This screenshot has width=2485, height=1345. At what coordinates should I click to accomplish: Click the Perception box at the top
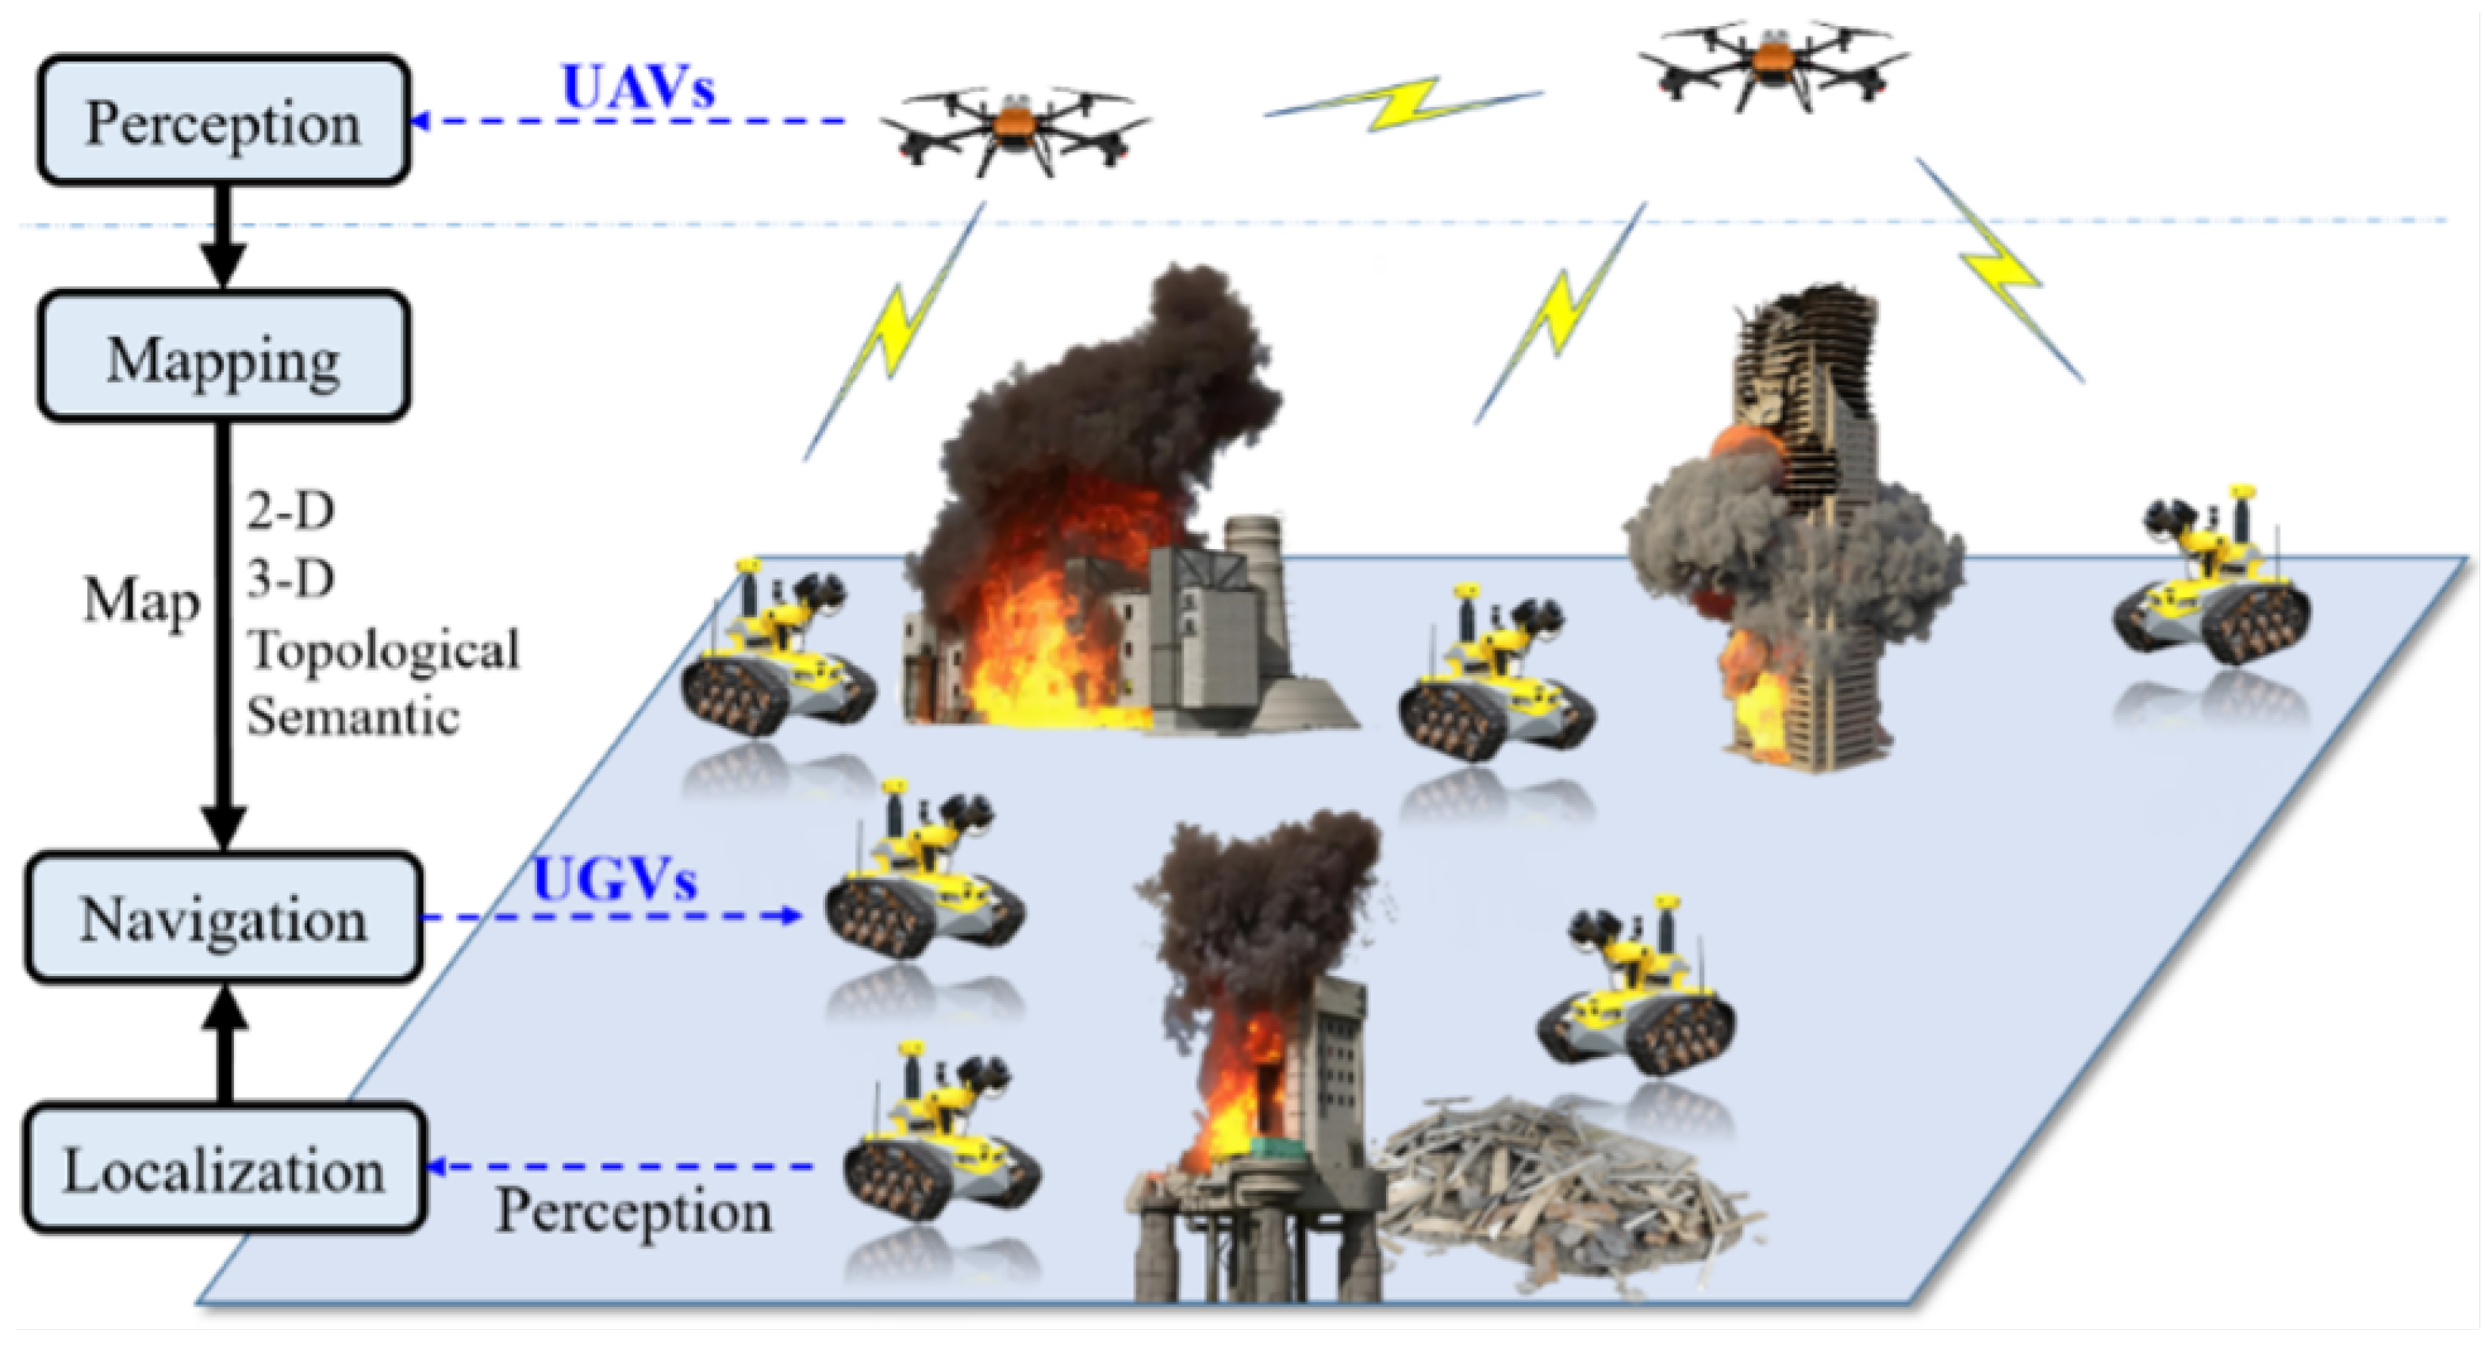[224, 121]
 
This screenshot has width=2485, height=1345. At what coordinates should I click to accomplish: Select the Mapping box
[224, 357]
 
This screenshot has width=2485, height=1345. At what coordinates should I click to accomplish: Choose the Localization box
[224, 1170]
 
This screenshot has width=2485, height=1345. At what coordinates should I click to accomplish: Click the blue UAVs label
[638, 88]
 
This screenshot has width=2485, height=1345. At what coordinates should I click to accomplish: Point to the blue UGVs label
[614, 880]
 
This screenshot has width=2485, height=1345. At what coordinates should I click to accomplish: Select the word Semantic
[353, 717]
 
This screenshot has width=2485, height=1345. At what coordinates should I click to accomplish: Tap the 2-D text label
[290, 510]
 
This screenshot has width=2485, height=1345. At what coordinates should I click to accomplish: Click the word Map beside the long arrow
[142, 602]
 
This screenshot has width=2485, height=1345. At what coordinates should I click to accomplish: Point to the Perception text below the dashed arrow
[634, 1210]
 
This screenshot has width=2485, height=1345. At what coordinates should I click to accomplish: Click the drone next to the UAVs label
[1015, 134]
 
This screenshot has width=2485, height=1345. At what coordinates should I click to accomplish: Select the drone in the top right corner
[1773, 63]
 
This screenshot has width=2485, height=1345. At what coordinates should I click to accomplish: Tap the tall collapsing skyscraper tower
[1804, 531]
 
